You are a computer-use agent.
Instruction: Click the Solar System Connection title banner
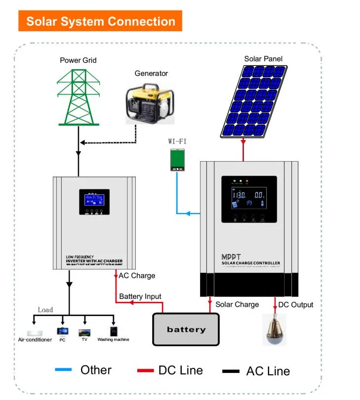100,21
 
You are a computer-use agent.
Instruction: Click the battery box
185,329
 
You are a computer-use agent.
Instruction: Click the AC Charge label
137,276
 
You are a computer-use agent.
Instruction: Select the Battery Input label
140,296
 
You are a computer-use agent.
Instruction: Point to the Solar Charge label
237,304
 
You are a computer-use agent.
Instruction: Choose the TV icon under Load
84,332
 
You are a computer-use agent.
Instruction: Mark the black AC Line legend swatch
231,370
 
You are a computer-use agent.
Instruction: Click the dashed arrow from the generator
109,143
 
